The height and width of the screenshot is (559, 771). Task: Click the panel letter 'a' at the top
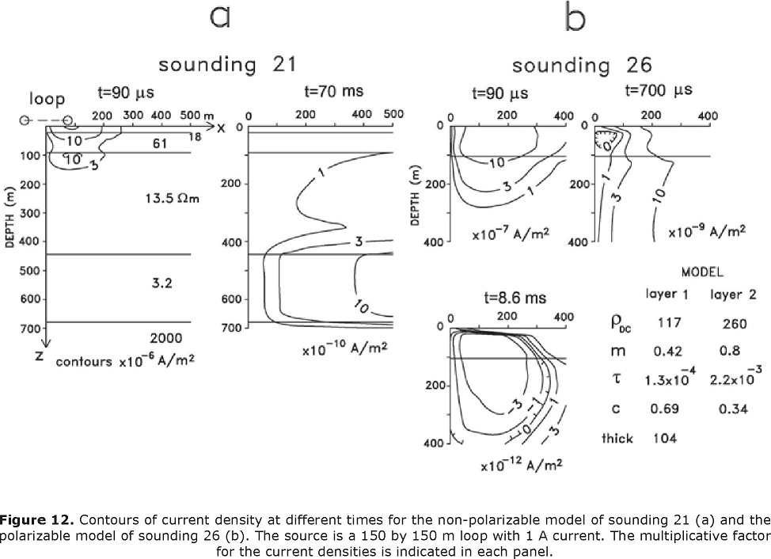tap(220, 16)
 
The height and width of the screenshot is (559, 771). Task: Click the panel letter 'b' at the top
tap(575, 17)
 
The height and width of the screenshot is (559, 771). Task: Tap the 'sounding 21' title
tap(228, 64)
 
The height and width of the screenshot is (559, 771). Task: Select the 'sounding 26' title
tap(582, 65)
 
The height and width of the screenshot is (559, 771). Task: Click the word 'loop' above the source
tap(47, 99)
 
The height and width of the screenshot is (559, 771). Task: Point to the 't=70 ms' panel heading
tap(334, 91)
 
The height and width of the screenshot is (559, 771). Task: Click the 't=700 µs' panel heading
tap(659, 90)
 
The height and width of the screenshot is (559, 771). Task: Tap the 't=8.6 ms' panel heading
tap(515, 298)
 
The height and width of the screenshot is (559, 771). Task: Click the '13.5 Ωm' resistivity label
tap(172, 199)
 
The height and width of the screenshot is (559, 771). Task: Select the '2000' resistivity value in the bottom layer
tap(166, 338)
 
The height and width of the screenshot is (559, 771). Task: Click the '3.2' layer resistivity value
tap(161, 283)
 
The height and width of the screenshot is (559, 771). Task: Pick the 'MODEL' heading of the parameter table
tap(702, 272)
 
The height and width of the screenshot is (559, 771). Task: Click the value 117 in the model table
tap(670, 322)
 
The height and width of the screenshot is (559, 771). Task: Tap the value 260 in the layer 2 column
tap(735, 324)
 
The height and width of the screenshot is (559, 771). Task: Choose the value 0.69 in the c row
tap(664, 409)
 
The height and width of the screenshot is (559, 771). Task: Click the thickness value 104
tap(665, 438)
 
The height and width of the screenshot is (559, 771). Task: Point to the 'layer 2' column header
tap(733, 295)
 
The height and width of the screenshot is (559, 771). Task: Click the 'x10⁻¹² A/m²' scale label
tap(522, 464)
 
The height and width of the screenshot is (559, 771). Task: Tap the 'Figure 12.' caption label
tap(37, 519)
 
